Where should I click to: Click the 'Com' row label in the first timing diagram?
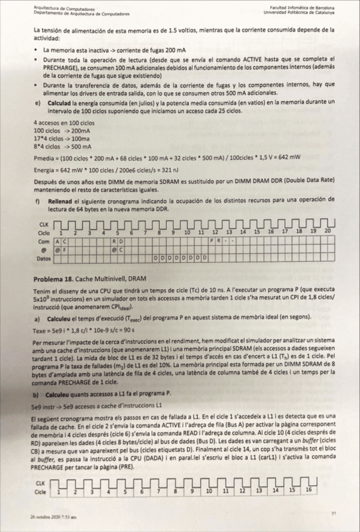pyautogui.click(x=43, y=241)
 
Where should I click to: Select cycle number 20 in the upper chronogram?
pyautogui.click(x=327, y=232)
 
